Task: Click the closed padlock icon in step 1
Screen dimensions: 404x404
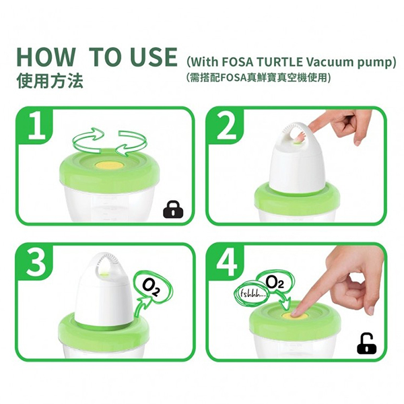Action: point(174,209)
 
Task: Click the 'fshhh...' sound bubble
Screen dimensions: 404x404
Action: point(251,294)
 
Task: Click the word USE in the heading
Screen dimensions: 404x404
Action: point(154,57)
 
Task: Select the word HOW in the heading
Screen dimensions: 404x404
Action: point(46,57)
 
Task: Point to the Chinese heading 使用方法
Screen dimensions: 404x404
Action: point(50,81)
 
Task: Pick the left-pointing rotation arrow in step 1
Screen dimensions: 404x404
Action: point(132,143)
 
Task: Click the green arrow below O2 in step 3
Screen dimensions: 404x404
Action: point(143,306)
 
